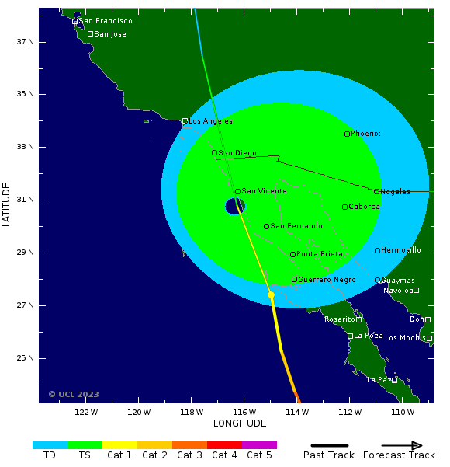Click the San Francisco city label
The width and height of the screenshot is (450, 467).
coord(106,21)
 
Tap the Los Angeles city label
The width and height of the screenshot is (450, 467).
coord(211,121)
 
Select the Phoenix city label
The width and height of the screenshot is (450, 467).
coord(365,134)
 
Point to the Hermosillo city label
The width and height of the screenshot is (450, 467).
coord(401,250)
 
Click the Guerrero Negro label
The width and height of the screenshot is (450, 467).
coord(327,280)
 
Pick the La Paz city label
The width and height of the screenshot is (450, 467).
coord(379,380)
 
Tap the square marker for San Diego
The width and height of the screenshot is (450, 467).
coord(215,153)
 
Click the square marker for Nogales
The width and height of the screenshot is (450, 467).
coord(377,192)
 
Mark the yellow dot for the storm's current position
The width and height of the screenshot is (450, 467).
coord(271,295)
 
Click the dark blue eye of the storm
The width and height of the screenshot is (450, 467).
coord(235,206)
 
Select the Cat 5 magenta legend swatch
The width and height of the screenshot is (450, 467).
coord(259,445)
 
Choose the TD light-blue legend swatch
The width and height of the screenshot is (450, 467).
coord(50,445)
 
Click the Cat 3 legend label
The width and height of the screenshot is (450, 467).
coord(189,455)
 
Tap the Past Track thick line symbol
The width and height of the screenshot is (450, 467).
coord(328,445)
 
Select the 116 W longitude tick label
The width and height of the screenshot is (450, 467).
coord(245,412)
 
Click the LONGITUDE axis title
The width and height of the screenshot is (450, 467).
coord(240,423)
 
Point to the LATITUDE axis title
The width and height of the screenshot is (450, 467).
coord(7,205)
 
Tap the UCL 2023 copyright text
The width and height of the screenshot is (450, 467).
coord(74,394)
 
